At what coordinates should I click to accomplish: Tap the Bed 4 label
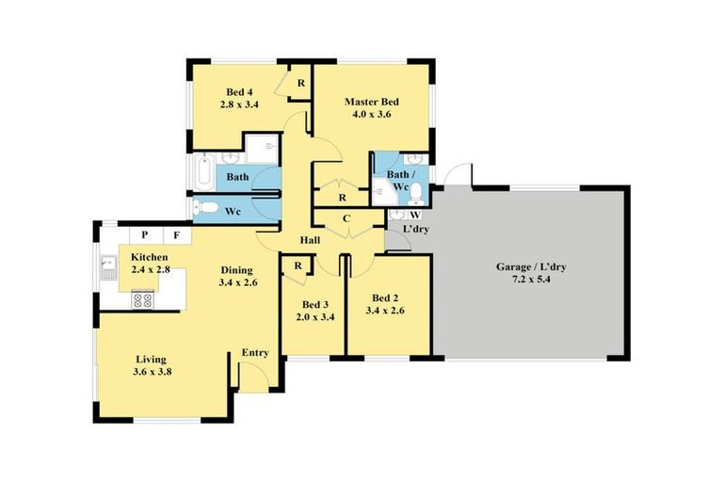235,92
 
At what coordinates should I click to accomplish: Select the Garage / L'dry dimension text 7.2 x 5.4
531,281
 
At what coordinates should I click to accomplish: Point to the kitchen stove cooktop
142,301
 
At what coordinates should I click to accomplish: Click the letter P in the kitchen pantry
145,234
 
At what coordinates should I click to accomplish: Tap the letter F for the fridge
175,234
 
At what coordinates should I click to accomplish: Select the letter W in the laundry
414,216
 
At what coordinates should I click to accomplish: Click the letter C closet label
346,219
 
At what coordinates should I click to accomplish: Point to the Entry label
255,353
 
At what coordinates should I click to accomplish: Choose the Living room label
151,359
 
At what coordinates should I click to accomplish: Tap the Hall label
310,241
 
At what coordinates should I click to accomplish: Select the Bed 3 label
314,304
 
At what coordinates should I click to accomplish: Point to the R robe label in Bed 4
300,83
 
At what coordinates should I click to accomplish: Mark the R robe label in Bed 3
297,265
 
